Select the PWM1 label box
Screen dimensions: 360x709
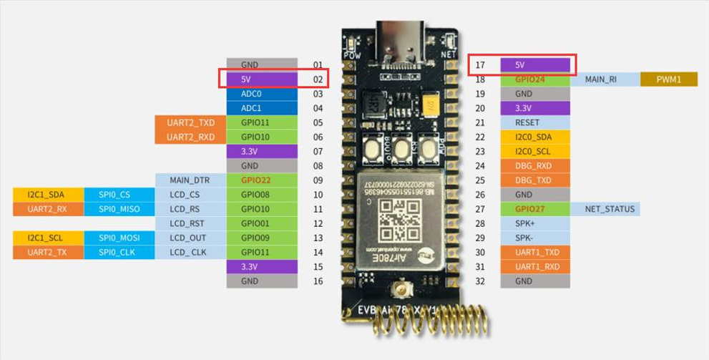coord(668,79)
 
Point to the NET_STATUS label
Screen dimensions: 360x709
coord(605,209)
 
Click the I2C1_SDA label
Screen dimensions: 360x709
coord(47,195)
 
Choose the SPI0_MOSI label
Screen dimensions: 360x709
coord(119,238)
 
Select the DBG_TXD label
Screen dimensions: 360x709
coord(535,180)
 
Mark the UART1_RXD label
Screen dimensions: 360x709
coord(535,266)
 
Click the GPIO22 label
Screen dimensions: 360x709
coord(262,180)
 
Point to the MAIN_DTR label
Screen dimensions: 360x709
coord(190,180)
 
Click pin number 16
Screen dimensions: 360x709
coord(318,281)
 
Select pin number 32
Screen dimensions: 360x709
coord(480,281)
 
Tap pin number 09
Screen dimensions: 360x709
coord(318,180)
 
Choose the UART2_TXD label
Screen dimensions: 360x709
coord(191,122)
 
